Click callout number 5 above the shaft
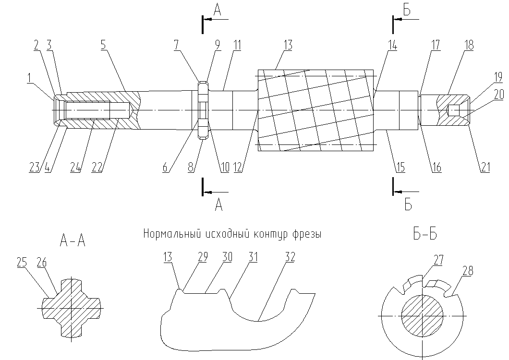[x=103, y=46]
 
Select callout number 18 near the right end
[x=469, y=45]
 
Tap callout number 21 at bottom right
[x=485, y=167]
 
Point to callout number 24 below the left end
[x=75, y=167]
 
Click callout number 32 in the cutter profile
[x=290, y=257]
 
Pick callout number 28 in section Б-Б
[x=467, y=271]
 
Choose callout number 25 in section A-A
[x=22, y=262]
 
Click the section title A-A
[x=73, y=241]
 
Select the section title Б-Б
[x=425, y=234]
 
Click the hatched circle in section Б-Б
[x=423, y=316]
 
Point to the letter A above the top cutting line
[x=218, y=10]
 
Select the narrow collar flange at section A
[x=203, y=110]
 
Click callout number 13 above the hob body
[x=288, y=45]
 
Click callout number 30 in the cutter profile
[x=227, y=257]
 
